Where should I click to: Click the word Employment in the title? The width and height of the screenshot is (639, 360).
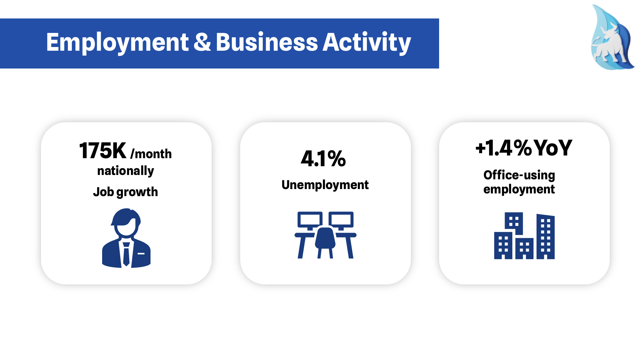coord(117,43)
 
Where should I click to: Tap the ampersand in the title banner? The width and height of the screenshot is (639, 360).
coord(202,42)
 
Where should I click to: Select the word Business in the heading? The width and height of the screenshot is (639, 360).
coord(267,42)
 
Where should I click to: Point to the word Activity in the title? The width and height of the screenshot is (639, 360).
coord(367,43)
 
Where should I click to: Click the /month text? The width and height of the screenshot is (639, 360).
coord(151,154)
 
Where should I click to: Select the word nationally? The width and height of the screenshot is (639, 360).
coord(126,171)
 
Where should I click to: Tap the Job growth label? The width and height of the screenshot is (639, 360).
coord(125,192)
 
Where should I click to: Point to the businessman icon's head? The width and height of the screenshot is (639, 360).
coord(126,223)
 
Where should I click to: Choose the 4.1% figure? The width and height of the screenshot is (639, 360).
coord(323,159)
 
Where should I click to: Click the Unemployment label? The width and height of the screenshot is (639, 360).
coord(325,185)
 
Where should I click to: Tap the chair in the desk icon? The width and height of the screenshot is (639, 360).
coord(325,242)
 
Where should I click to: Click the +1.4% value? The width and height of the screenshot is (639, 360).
coord(504,148)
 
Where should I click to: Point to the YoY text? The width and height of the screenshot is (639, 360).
coord(553,148)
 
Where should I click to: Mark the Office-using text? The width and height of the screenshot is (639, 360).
coord(519,175)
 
